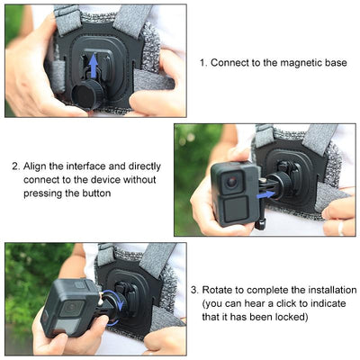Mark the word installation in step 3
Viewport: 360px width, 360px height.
[x=323, y=291]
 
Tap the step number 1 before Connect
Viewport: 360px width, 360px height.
[x=202, y=63]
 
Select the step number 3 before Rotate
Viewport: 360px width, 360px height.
[x=194, y=291]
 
